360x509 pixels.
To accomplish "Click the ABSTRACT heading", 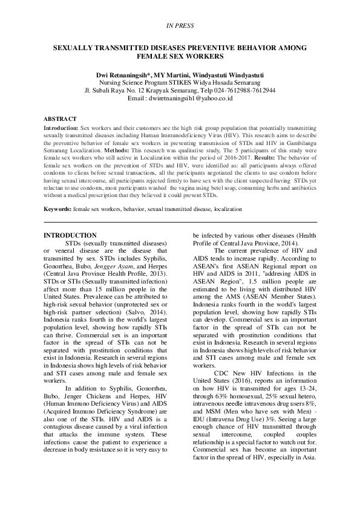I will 61,119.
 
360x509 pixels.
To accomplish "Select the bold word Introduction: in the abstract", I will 61,129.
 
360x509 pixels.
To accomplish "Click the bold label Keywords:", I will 58,209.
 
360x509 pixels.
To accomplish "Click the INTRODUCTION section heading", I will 71,235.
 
